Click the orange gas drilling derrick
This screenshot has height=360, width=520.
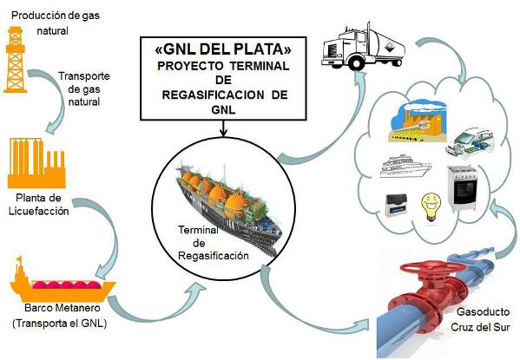click(15, 60)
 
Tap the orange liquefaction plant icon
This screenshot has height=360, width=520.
click(36, 163)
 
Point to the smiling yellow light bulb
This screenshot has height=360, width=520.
click(431, 207)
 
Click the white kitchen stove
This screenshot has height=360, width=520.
click(464, 188)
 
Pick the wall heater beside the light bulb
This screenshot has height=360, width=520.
click(397, 206)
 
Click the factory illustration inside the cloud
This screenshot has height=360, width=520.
click(418, 121)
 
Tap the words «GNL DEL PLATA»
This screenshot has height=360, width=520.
click(223, 49)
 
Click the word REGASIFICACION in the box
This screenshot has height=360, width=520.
click(214, 95)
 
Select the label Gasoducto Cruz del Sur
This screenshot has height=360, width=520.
click(480, 319)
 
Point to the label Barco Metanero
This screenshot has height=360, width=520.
click(63, 308)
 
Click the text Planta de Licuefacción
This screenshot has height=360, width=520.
click(39, 204)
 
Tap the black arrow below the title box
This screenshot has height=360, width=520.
click(223, 128)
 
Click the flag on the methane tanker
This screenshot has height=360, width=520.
click(18, 259)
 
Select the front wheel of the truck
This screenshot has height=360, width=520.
click(356, 63)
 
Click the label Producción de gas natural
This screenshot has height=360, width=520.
click(55, 23)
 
